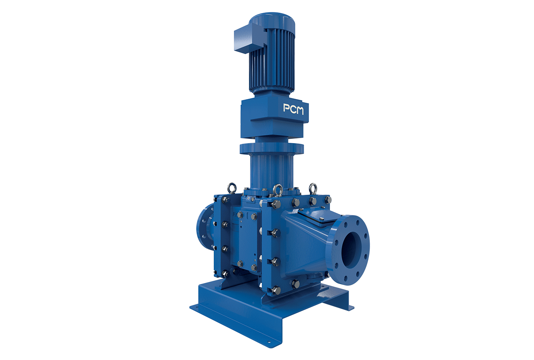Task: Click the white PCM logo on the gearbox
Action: pyautogui.click(x=293, y=109)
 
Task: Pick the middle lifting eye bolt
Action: pyautogui.click(x=277, y=189)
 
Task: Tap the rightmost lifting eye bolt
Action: pyautogui.click(x=313, y=188)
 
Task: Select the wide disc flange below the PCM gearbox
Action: pyautogui.click(x=271, y=149)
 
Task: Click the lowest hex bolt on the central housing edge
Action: pyautogui.click(x=275, y=289)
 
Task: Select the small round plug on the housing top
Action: pyautogui.click(x=251, y=198)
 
